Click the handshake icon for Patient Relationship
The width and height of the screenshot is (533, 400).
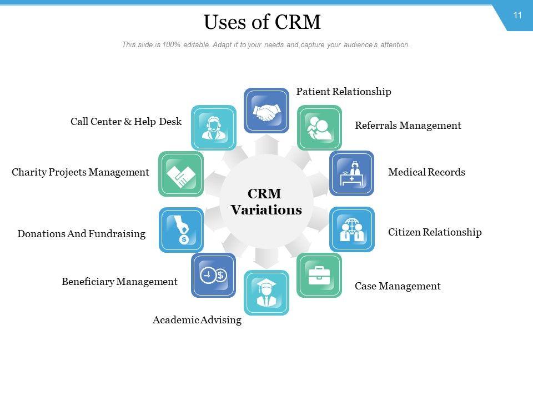point(266,110)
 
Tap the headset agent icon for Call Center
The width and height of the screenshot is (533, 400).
point(214,127)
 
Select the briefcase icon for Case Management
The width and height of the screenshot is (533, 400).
point(319,275)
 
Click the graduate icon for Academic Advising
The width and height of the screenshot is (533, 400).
point(266,292)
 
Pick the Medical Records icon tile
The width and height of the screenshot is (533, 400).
point(351,173)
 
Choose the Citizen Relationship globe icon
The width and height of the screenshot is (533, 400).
point(351,229)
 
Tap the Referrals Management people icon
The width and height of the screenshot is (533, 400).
point(319,127)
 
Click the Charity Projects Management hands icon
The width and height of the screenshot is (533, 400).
point(181,173)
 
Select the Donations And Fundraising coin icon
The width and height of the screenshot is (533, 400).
point(181,229)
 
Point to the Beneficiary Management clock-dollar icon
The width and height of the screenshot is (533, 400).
point(213,275)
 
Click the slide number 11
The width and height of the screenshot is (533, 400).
point(517,16)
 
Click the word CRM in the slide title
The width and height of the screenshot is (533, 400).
point(297,23)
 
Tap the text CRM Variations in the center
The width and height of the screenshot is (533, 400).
point(266,202)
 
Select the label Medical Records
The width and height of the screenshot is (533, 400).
point(426,172)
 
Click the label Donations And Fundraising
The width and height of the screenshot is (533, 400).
point(81,234)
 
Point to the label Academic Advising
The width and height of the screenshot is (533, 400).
point(197,320)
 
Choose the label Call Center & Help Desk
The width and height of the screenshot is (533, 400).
point(126,121)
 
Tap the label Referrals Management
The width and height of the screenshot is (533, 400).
point(408,126)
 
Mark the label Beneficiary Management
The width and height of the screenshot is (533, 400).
point(119,282)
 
